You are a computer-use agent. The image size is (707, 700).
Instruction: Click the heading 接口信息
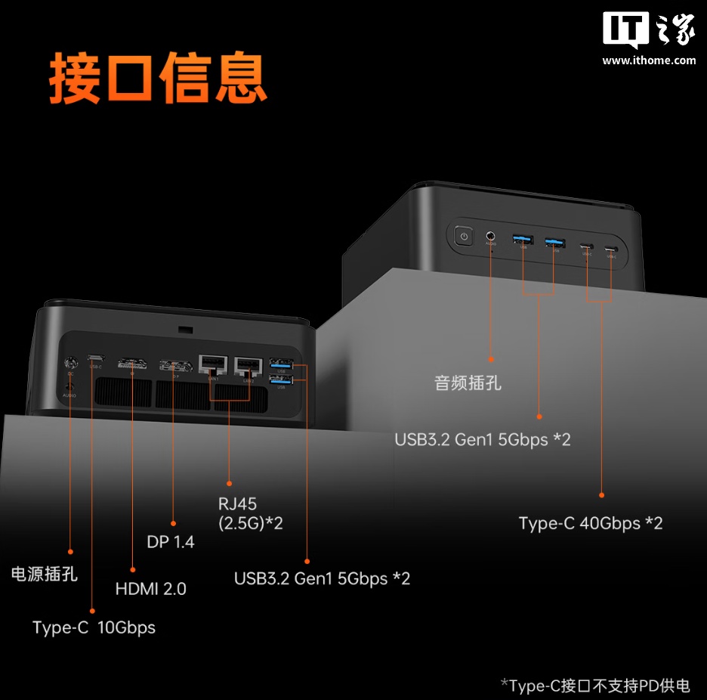(x=158, y=77)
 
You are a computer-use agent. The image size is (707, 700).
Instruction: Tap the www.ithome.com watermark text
(x=649, y=60)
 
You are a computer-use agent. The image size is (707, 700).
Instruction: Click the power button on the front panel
(x=464, y=237)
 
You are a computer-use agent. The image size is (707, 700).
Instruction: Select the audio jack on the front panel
(x=491, y=237)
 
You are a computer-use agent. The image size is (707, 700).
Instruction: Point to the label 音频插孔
(x=468, y=383)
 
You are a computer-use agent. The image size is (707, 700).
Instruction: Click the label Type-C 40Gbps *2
(x=590, y=523)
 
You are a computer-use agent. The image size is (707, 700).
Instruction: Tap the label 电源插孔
(x=44, y=574)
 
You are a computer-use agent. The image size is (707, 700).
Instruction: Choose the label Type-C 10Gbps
(x=94, y=627)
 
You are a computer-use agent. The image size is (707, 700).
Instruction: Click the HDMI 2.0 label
(x=150, y=588)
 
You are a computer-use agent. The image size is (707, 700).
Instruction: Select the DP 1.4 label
(x=170, y=542)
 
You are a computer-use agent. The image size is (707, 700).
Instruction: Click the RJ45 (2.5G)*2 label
(x=249, y=513)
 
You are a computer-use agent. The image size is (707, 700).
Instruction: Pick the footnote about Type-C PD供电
(x=595, y=686)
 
